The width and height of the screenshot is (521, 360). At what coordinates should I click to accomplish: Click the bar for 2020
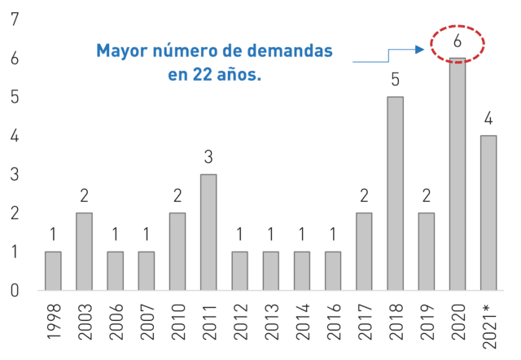[x=458, y=174]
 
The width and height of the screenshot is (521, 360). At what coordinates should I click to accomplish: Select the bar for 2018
[x=395, y=194]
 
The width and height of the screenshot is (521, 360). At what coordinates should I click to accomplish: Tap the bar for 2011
[x=208, y=232]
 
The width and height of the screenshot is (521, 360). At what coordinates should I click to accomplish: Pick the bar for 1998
[x=53, y=271]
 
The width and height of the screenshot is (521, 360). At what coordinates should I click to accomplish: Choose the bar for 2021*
[x=488, y=213]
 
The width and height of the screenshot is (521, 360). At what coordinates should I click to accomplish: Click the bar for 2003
[x=84, y=252]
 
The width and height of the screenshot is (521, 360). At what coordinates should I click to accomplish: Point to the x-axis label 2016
[x=333, y=322]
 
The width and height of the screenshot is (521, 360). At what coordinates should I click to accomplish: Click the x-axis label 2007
[x=147, y=322]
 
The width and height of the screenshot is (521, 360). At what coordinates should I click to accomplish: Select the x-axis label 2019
[x=427, y=322]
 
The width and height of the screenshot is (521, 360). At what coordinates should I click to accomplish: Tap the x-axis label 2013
[x=271, y=322]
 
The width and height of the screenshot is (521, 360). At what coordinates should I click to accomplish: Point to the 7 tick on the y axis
[x=15, y=20]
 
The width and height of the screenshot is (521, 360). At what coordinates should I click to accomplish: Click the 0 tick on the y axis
[x=15, y=291]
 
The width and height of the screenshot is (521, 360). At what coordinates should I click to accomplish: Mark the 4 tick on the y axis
[x=15, y=136]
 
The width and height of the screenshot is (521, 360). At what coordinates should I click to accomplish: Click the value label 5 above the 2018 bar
[x=395, y=80]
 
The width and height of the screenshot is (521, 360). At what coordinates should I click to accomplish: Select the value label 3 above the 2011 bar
[x=208, y=157]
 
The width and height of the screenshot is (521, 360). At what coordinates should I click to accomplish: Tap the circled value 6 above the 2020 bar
[x=458, y=41]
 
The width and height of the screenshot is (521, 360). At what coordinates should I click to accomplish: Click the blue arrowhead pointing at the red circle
[x=420, y=50]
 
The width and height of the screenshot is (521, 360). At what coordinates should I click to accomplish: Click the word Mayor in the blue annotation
[x=122, y=51]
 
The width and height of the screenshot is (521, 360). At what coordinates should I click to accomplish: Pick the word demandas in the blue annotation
[x=290, y=50]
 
